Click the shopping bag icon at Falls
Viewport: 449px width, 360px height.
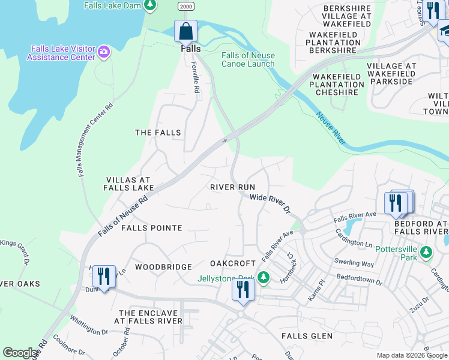click(186, 31)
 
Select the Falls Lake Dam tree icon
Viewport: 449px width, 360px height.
click(150, 5)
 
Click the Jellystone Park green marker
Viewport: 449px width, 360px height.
click(263, 277)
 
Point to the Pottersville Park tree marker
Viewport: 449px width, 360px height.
click(426, 252)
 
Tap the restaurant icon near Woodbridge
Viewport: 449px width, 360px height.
click(103, 277)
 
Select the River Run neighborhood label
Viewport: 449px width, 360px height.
click(233, 187)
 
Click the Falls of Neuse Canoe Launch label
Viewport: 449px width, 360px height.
click(248, 59)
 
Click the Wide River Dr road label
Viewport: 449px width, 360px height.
click(270, 203)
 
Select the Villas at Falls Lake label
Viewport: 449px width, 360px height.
click(130, 184)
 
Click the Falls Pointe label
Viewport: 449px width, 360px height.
click(151, 228)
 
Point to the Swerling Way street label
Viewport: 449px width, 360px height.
click(355, 263)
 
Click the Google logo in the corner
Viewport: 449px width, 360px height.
click(20, 353)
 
